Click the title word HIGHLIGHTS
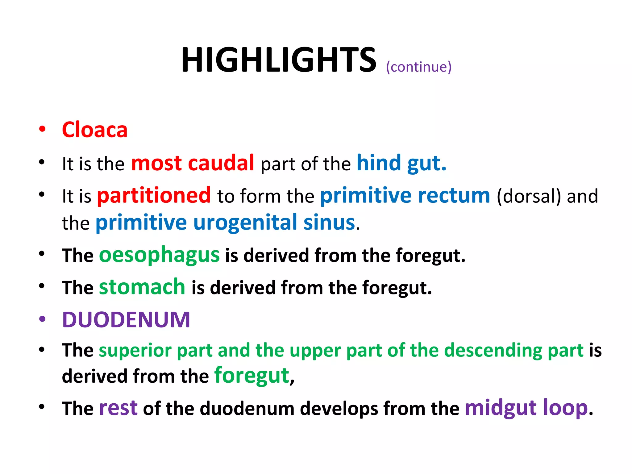pyautogui.click(x=278, y=60)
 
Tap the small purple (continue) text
pyautogui.click(x=418, y=67)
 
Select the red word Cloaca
pyautogui.click(x=94, y=130)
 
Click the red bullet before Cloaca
pyautogui.click(x=42, y=129)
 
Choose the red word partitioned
pyautogui.click(x=154, y=195)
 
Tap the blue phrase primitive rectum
pyautogui.click(x=405, y=195)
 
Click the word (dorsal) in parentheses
pyautogui.click(x=529, y=196)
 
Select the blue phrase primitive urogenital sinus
pyautogui.click(x=225, y=222)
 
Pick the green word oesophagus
pyautogui.click(x=159, y=255)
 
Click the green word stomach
pyautogui.click(x=142, y=287)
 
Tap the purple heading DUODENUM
pyautogui.click(x=126, y=319)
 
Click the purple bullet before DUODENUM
pyautogui.click(x=42, y=319)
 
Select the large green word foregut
pyautogui.click(x=252, y=376)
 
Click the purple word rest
pyautogui.click(x=118, y=408)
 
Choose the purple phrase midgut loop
pyautogui.click(x=526, y=408)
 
